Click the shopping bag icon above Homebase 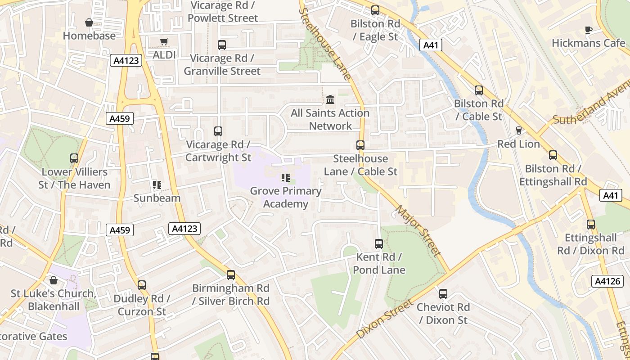click(x=89, y=22)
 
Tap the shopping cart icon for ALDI click(x=164, y=42)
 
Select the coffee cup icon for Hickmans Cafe click(x=588, y=30)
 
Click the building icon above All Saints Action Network click(x=330, y=99)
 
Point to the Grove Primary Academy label click(x=286, y=197)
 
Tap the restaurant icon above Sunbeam click(x=157, y=185)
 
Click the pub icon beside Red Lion click(x=519, y=130)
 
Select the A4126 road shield click(x=607, y=281)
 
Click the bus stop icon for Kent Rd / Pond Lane click(x=379, y=244)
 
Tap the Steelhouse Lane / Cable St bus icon click(x=360, y=145)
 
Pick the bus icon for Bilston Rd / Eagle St click(x=375, y=10)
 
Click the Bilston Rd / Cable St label click(x=478, y=110)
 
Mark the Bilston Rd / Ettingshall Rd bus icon click(x=553, y=155)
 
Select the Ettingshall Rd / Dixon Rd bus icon click(x=591, y=225)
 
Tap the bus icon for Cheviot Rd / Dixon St click(x=443, y=294)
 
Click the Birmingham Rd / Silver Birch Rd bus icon click(x=231, y=275)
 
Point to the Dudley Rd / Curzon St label click(x=142, y=305)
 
